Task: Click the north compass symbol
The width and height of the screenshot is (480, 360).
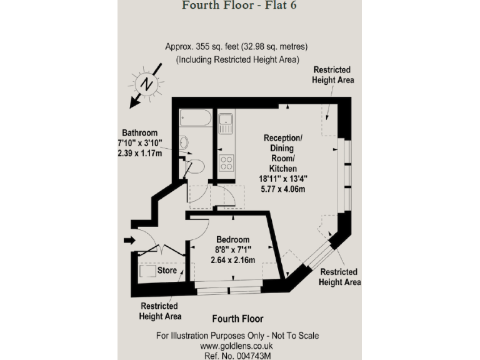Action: click(x=146, y=84)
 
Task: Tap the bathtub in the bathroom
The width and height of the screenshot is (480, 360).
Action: click(x=196, y=117)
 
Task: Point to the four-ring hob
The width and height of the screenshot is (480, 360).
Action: click(x=226, y=162)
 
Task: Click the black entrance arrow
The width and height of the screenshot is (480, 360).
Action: click(x=129, y=240)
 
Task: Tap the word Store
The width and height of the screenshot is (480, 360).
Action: click(x=167, y=271)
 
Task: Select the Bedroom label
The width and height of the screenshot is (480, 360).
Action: click(x=232, y=239)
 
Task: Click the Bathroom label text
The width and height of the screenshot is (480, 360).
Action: click(x=139, y=132)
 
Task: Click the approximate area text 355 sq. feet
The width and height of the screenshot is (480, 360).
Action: click(x=236, y=47)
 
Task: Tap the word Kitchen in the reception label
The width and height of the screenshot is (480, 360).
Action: click(x=282, y=169)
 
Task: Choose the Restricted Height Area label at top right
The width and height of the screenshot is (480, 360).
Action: click(x=333, y=75)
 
